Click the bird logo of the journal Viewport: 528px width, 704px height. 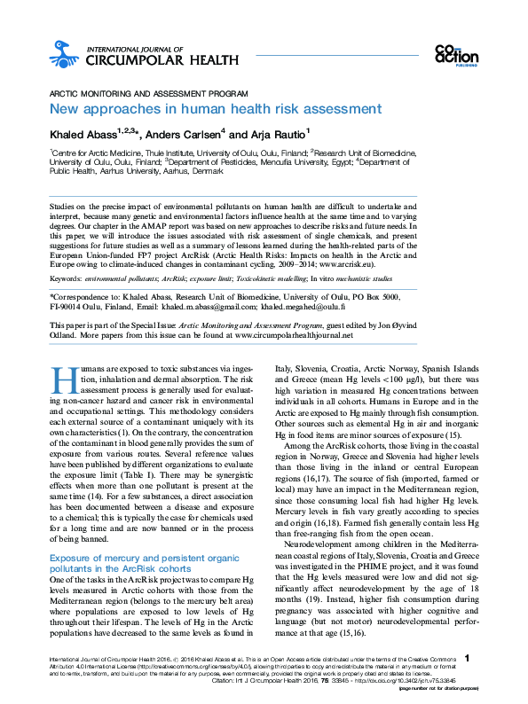[x=64, y=52]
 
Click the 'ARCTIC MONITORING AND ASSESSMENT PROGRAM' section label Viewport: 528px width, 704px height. [x=147, y=93]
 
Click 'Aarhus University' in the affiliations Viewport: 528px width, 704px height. [x=120, y=172]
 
